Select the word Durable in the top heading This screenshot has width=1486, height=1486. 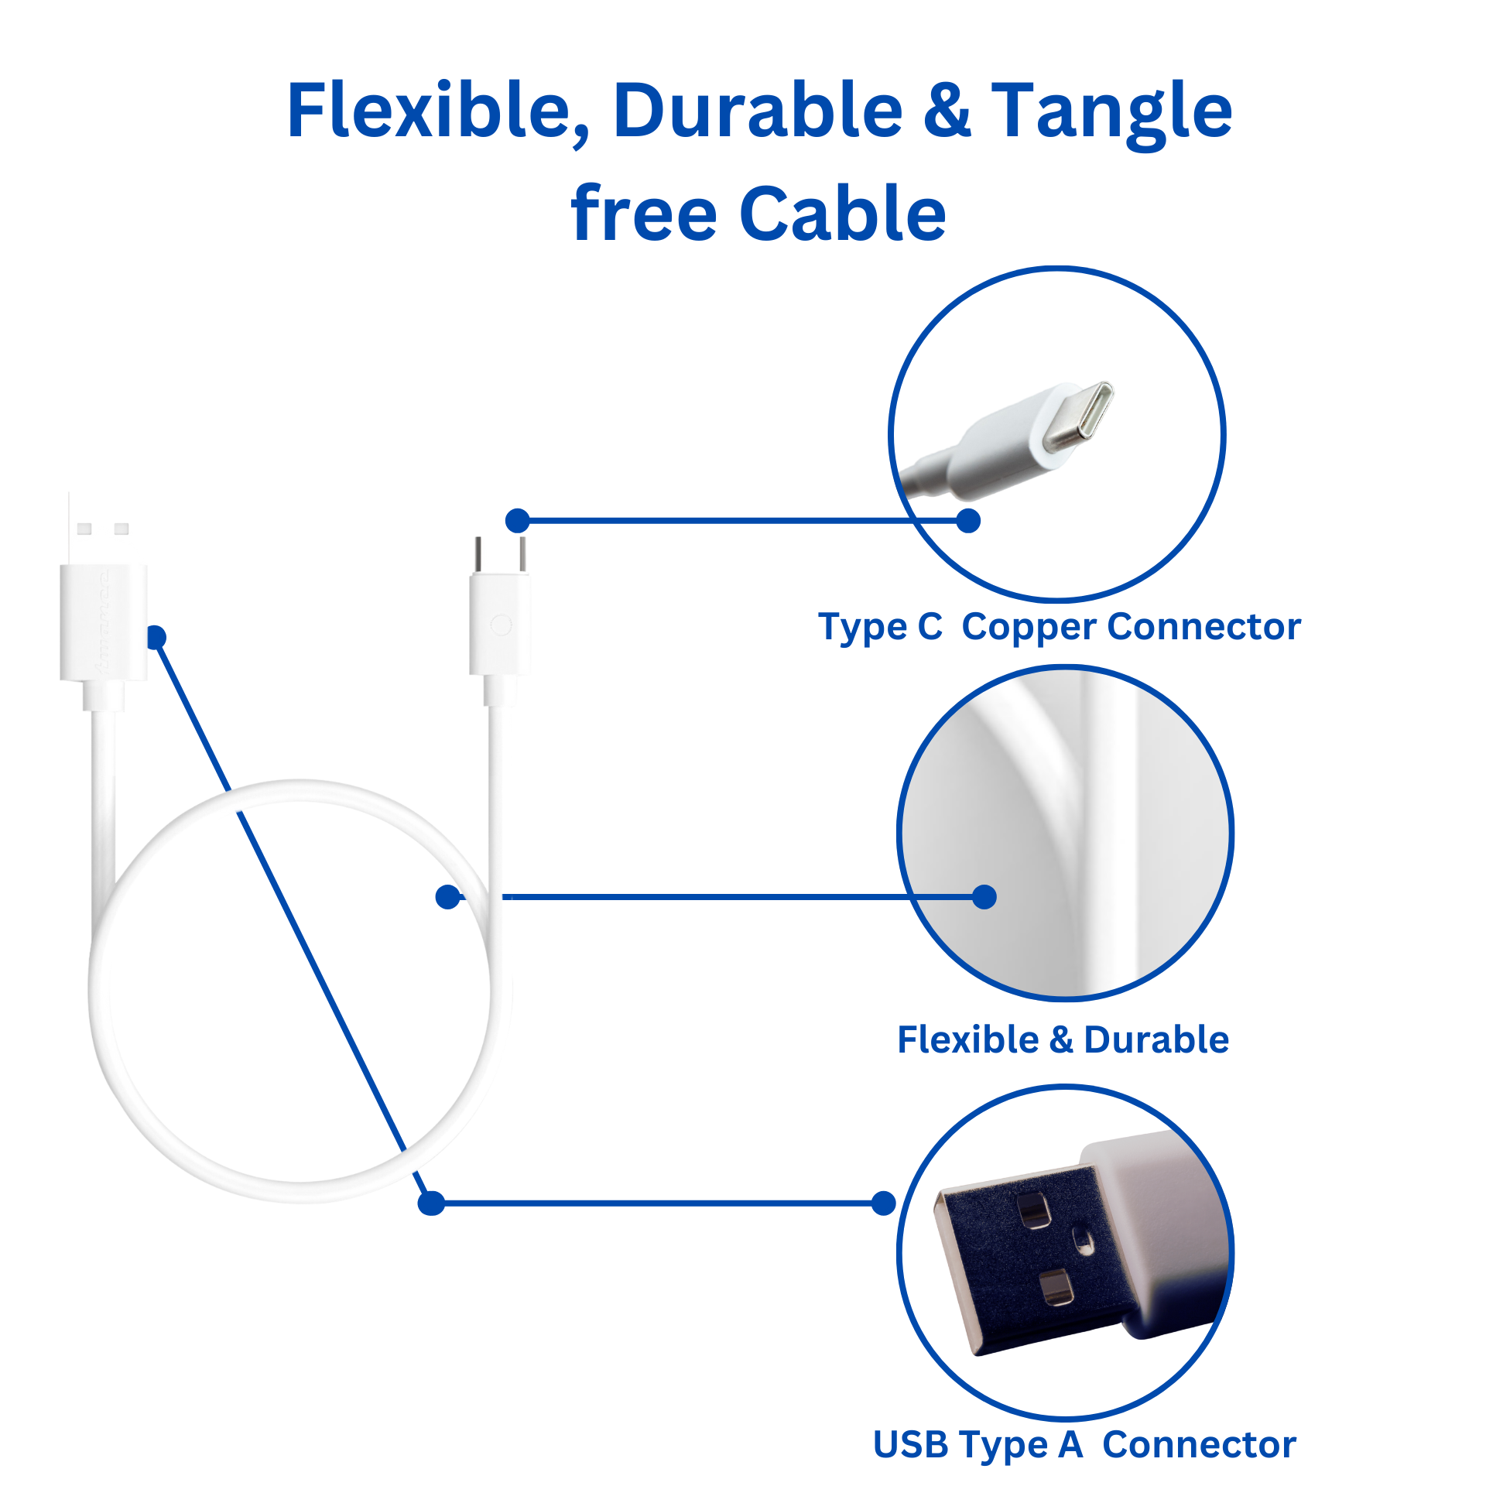tap(758, 111)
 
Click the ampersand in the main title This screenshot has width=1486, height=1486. tap(947, 111)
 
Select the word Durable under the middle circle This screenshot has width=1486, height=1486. tap(1156, 1039)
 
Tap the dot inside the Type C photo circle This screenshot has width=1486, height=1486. tap(968, 521)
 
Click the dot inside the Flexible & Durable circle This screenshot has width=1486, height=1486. tap(984, 897)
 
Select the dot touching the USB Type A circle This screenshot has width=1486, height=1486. tap(883, 1204)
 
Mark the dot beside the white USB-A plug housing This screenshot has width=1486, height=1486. tap(156, 637)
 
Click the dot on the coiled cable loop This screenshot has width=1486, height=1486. tap(447, 897)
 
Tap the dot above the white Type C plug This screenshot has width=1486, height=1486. tap(517, 521)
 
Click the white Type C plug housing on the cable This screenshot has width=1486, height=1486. tap(500, 624)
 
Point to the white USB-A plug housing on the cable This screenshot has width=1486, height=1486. tap(104, 622)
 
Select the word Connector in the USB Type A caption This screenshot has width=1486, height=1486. tap(1199, 1444)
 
